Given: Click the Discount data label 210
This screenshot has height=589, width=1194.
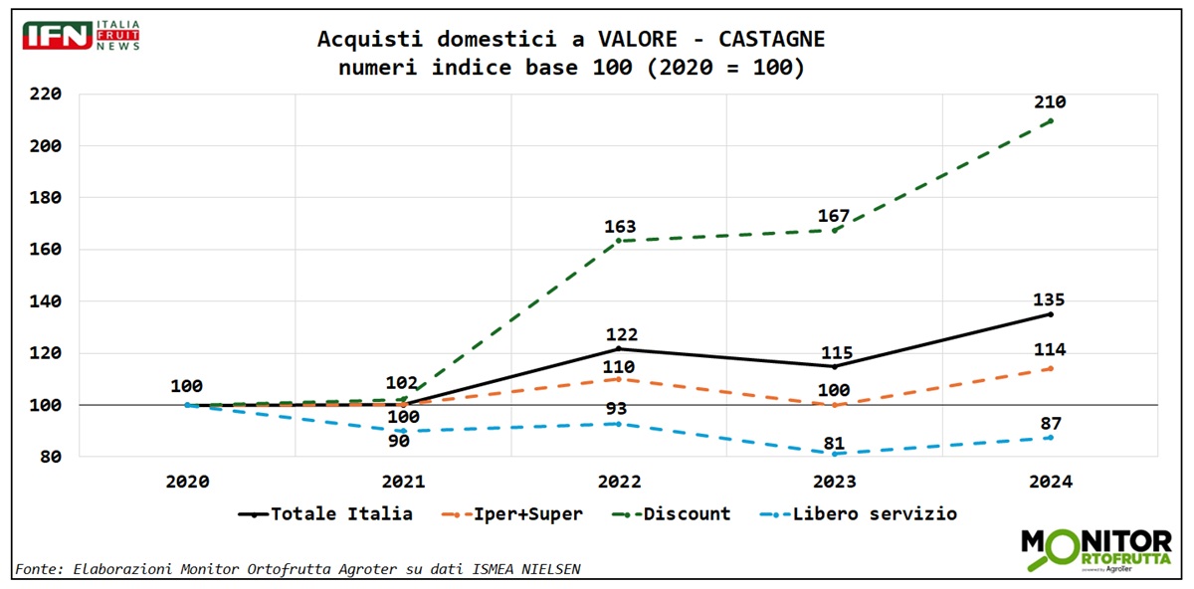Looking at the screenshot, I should pos(1050,102).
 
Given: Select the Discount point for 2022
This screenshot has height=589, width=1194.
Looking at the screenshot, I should pos(619,241).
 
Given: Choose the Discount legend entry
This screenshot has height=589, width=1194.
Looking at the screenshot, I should pos(676,514).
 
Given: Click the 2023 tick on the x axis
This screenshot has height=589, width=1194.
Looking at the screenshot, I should pos(834,482).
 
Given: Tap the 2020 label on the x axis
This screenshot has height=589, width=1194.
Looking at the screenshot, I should pos(187,482).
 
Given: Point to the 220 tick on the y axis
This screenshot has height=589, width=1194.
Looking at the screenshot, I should pos(45,95).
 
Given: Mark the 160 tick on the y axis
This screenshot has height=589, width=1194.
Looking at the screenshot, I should pos(45,250).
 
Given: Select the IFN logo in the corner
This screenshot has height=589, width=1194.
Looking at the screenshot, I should pos(80,35).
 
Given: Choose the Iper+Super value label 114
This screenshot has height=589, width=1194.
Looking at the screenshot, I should pos(1050,350).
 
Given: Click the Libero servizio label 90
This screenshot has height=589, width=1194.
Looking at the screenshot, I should pos(403,441).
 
